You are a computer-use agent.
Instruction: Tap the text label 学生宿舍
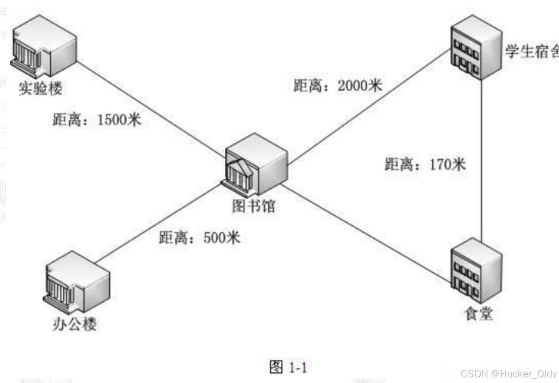[530, 51]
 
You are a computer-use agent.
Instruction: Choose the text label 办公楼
[74, 324]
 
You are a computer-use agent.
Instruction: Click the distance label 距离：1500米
[97, 119]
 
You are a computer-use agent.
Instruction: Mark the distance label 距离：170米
[425, 165]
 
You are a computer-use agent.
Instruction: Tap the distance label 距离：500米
[199, 238]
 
